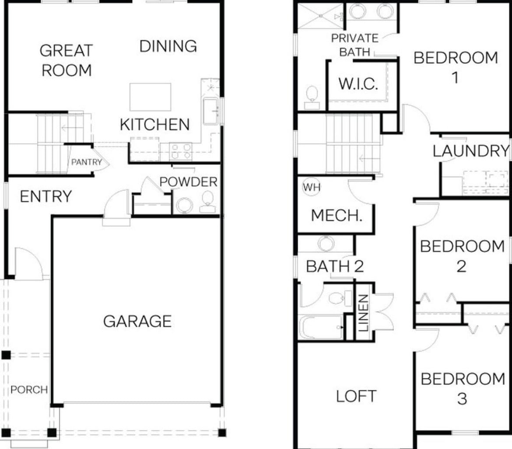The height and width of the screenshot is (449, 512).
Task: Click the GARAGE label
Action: pos(137,321)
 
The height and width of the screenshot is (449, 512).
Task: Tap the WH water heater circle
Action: pos(312,187)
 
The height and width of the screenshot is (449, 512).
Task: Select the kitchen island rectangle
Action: pos(150,97)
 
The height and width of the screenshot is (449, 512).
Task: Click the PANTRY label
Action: pos(86,162)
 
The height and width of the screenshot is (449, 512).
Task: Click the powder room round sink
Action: pos(184,204)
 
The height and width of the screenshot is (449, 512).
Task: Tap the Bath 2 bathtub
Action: pos(321,327)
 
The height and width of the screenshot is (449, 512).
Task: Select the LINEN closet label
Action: pos(363,312)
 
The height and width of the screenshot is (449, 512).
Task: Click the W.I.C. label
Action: pos(358,83)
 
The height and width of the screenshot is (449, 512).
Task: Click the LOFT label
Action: pos(356,396)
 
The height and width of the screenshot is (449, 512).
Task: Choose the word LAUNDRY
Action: pos(471,151)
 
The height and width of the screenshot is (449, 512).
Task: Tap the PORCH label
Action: pos(29,390)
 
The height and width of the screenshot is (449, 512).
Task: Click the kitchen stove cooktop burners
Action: pos(182,151)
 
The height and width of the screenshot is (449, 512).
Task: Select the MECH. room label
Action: pos(337,215)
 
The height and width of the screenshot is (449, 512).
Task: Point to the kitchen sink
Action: pos(211,111)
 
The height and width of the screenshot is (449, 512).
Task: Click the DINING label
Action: pos(168,46)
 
